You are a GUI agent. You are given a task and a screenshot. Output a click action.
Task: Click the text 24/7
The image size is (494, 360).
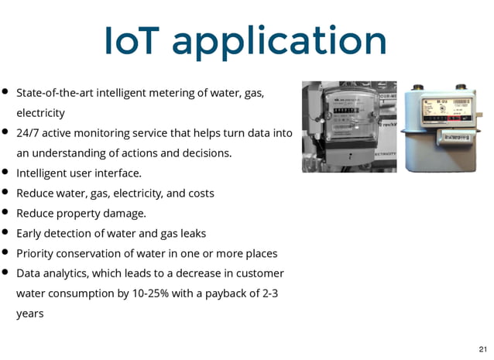[x=29, y=133]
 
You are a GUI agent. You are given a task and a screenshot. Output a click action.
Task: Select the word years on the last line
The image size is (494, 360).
[x=29, y=314]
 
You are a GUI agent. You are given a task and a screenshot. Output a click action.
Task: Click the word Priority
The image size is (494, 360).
[x=34, y=254]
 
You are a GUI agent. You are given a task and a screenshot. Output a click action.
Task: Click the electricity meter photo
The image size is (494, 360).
[x=348, y=126]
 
